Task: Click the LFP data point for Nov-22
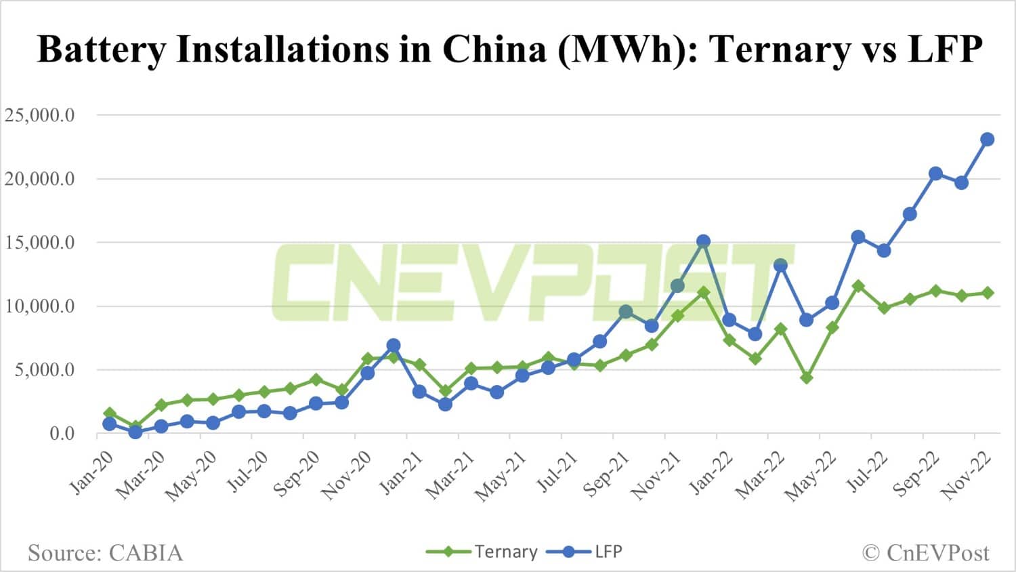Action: coord(987,140)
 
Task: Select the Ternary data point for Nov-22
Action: coord(987,293)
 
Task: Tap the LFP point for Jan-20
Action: coord(110,424)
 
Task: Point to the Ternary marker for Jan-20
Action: coord(110,413)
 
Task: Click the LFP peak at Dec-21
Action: coord(703,241)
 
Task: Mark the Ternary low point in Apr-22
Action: coord(806,377)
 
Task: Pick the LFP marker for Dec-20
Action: coord(394,346)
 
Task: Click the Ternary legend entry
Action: coord(505,552)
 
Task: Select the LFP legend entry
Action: coord(608,552)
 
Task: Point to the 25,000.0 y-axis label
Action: coord(40,115)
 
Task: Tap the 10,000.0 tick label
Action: coord(40,306)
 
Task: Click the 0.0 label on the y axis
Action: coord(62,434)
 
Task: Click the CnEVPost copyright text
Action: coord(926,553)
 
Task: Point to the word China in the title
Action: coord(494,49)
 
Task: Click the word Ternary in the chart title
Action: coord(782,49)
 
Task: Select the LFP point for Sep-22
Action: coord(935,173)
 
